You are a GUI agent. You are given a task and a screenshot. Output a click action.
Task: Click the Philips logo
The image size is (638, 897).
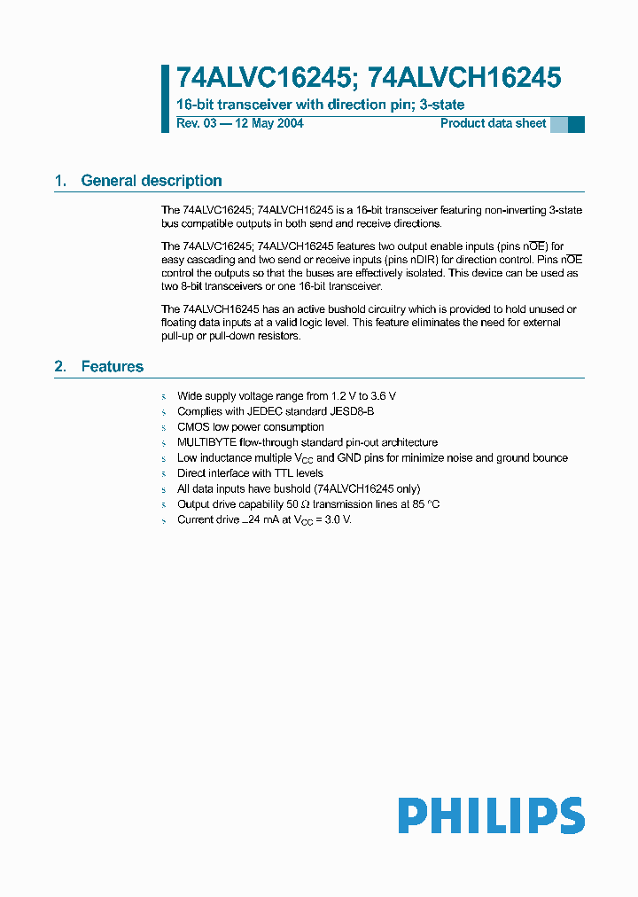[x=491, y=815]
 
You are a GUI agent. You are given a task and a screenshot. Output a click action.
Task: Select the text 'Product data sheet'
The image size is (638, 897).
[x=493, y=123]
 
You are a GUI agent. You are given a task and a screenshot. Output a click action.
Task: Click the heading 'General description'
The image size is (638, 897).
[x=152, y=181]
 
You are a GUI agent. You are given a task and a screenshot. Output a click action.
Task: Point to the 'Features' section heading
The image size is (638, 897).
[x=112, y=366]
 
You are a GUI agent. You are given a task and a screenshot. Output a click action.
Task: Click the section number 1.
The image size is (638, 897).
[x=60, y=181]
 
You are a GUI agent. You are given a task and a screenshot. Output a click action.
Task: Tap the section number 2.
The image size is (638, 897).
[x=60, y=366]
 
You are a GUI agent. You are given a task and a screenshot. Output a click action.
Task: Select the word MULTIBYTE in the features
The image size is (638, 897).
[x=206, y=442]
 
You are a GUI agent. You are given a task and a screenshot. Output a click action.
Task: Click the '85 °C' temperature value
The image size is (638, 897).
[x=423, y=503]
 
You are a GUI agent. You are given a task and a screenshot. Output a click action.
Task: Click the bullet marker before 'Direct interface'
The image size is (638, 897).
[x=164, y=473]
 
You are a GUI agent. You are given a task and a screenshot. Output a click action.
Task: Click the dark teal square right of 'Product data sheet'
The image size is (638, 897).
[x=576, y=125]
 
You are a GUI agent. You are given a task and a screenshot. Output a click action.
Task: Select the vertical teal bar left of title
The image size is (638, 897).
[x=165, y=98]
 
